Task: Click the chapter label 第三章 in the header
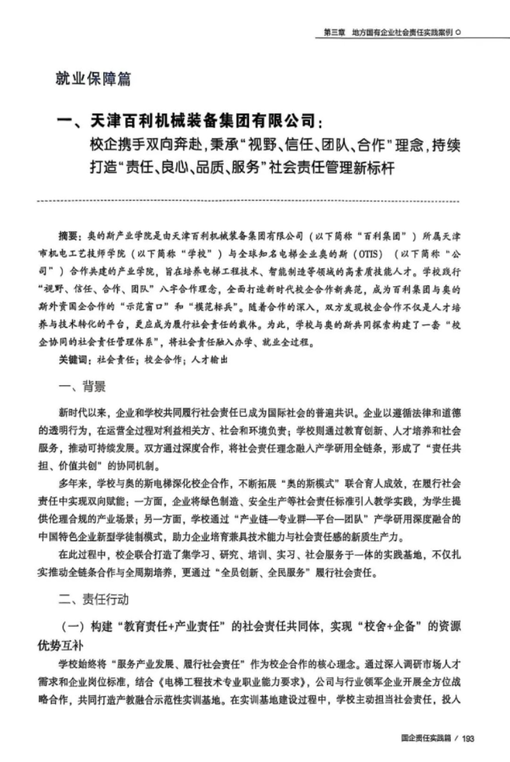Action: (x=335, y=32)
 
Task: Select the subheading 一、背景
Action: (x=82, y=387)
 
